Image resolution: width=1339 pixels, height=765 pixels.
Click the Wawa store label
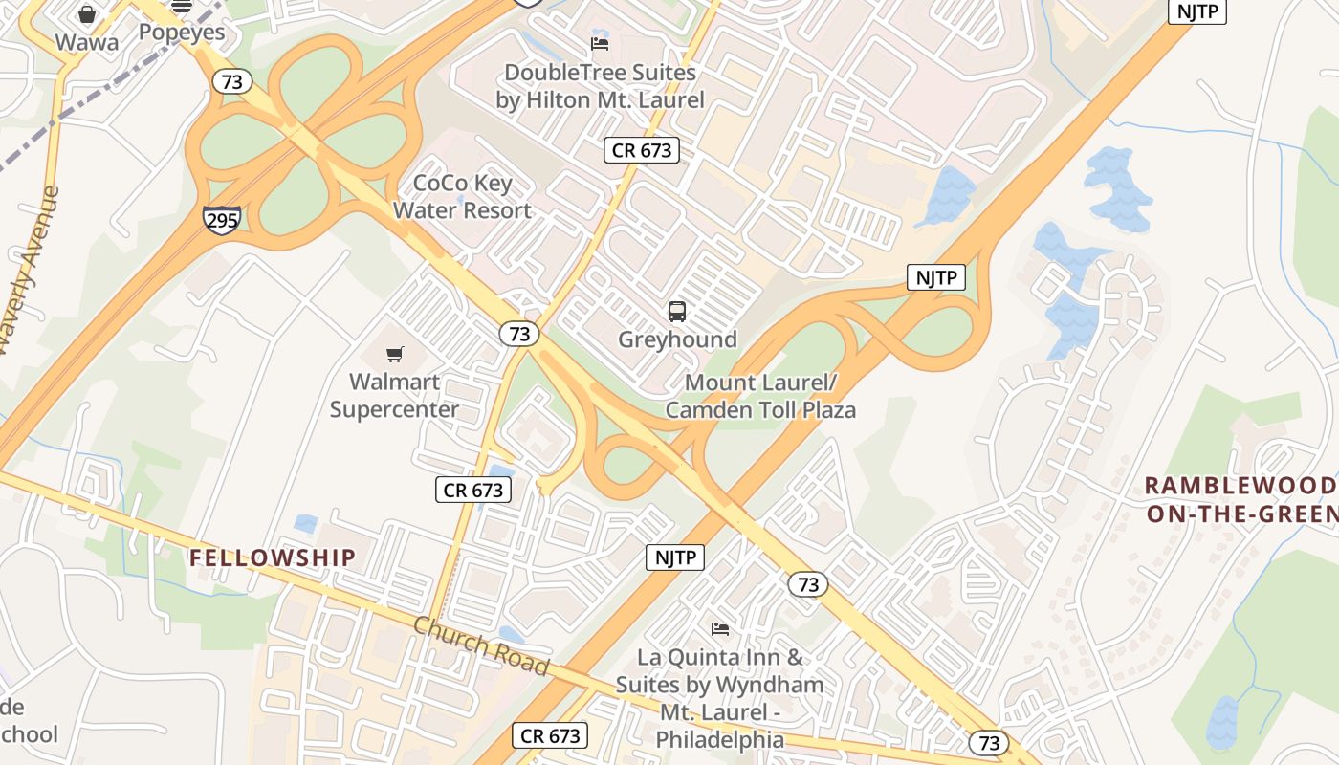[x=87, y=42]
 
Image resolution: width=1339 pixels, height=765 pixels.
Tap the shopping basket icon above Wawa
[x=87, y=13]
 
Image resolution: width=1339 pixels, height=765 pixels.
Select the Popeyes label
[x=182, y=32]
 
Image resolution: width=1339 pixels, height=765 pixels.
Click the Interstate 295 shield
[x=221, y=219]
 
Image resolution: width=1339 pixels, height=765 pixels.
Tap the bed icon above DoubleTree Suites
[x=600, y=44]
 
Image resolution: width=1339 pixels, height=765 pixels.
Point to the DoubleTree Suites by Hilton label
[x=600, y=86]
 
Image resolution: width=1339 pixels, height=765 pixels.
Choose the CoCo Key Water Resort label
[x=462, y=197]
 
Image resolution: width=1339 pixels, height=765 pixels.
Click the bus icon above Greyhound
[x=677, y=312]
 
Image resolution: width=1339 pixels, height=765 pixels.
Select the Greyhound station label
[x=677, y=339]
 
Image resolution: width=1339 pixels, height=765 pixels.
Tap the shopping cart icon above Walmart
[x=395, y=355]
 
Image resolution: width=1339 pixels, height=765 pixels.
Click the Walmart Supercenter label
[x=394, y=396]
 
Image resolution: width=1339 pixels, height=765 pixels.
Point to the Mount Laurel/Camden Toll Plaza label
[x=760, y=397]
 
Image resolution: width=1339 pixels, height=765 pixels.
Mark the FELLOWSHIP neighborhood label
[x=272, y=557]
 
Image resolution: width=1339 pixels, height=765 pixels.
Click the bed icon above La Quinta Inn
[x=720, y=629]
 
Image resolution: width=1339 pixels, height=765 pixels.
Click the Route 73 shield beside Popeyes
[x=231, y=81]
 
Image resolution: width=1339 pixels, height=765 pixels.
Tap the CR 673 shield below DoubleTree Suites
[x=642, y=150]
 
